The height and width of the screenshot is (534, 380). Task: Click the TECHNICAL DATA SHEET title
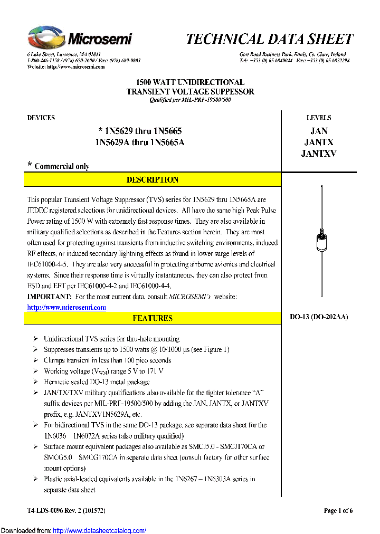269,39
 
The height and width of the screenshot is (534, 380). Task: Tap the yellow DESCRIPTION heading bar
153,180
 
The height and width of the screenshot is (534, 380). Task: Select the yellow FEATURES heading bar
153,318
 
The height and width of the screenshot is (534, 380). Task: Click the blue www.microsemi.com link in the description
66,307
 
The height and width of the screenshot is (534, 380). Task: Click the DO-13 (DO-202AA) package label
319,317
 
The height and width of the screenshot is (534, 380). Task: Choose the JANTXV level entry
319,154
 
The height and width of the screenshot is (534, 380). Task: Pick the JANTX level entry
319,142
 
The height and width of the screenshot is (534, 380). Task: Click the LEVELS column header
319,118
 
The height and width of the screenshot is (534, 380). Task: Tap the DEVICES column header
41,118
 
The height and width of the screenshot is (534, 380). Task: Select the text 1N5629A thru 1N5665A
140,142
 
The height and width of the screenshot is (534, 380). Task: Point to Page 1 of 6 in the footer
338,510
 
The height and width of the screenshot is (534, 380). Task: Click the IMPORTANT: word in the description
49,297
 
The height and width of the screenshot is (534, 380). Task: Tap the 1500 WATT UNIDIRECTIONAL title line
190,82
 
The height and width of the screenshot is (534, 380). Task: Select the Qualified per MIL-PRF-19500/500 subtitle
190,100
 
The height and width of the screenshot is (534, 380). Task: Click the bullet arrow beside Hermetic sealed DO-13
35,382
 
